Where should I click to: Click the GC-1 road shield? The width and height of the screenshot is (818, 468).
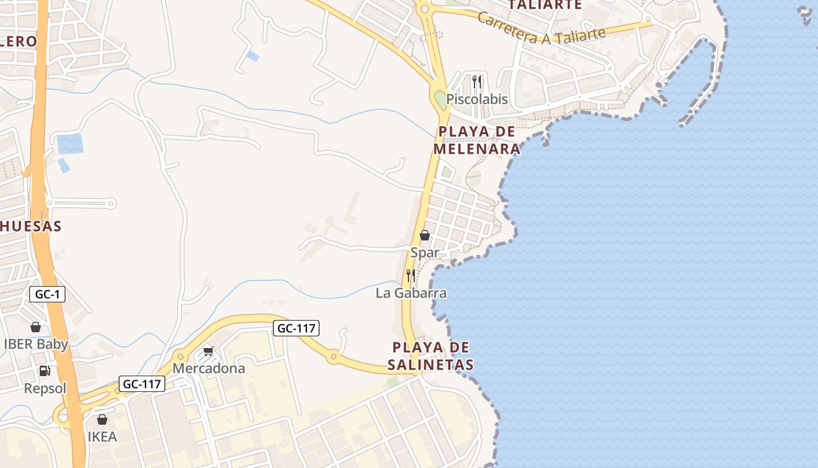47,294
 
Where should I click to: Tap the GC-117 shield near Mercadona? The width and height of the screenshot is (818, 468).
296,328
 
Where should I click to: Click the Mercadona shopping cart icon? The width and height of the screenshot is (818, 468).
209,352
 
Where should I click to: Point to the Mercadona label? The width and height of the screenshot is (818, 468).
209,369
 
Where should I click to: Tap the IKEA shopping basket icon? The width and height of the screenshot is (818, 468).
102,419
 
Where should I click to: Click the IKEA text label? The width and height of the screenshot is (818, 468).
102,436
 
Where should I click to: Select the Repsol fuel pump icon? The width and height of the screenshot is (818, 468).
45,371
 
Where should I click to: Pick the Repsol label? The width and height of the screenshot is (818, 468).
45,388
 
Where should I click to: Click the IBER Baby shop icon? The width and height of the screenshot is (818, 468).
36,327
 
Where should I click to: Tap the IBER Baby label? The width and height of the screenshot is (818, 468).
36,344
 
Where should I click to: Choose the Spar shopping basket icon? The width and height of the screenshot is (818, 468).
425,235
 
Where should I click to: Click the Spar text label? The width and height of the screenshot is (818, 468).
425,253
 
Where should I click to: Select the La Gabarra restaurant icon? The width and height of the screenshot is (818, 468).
411,275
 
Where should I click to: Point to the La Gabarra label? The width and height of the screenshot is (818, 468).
411,292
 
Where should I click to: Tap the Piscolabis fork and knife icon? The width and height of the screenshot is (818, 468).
477,81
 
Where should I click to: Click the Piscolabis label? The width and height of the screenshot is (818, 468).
477,99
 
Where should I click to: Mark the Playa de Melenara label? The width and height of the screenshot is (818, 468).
477,140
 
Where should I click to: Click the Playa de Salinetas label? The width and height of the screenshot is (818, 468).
431,356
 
